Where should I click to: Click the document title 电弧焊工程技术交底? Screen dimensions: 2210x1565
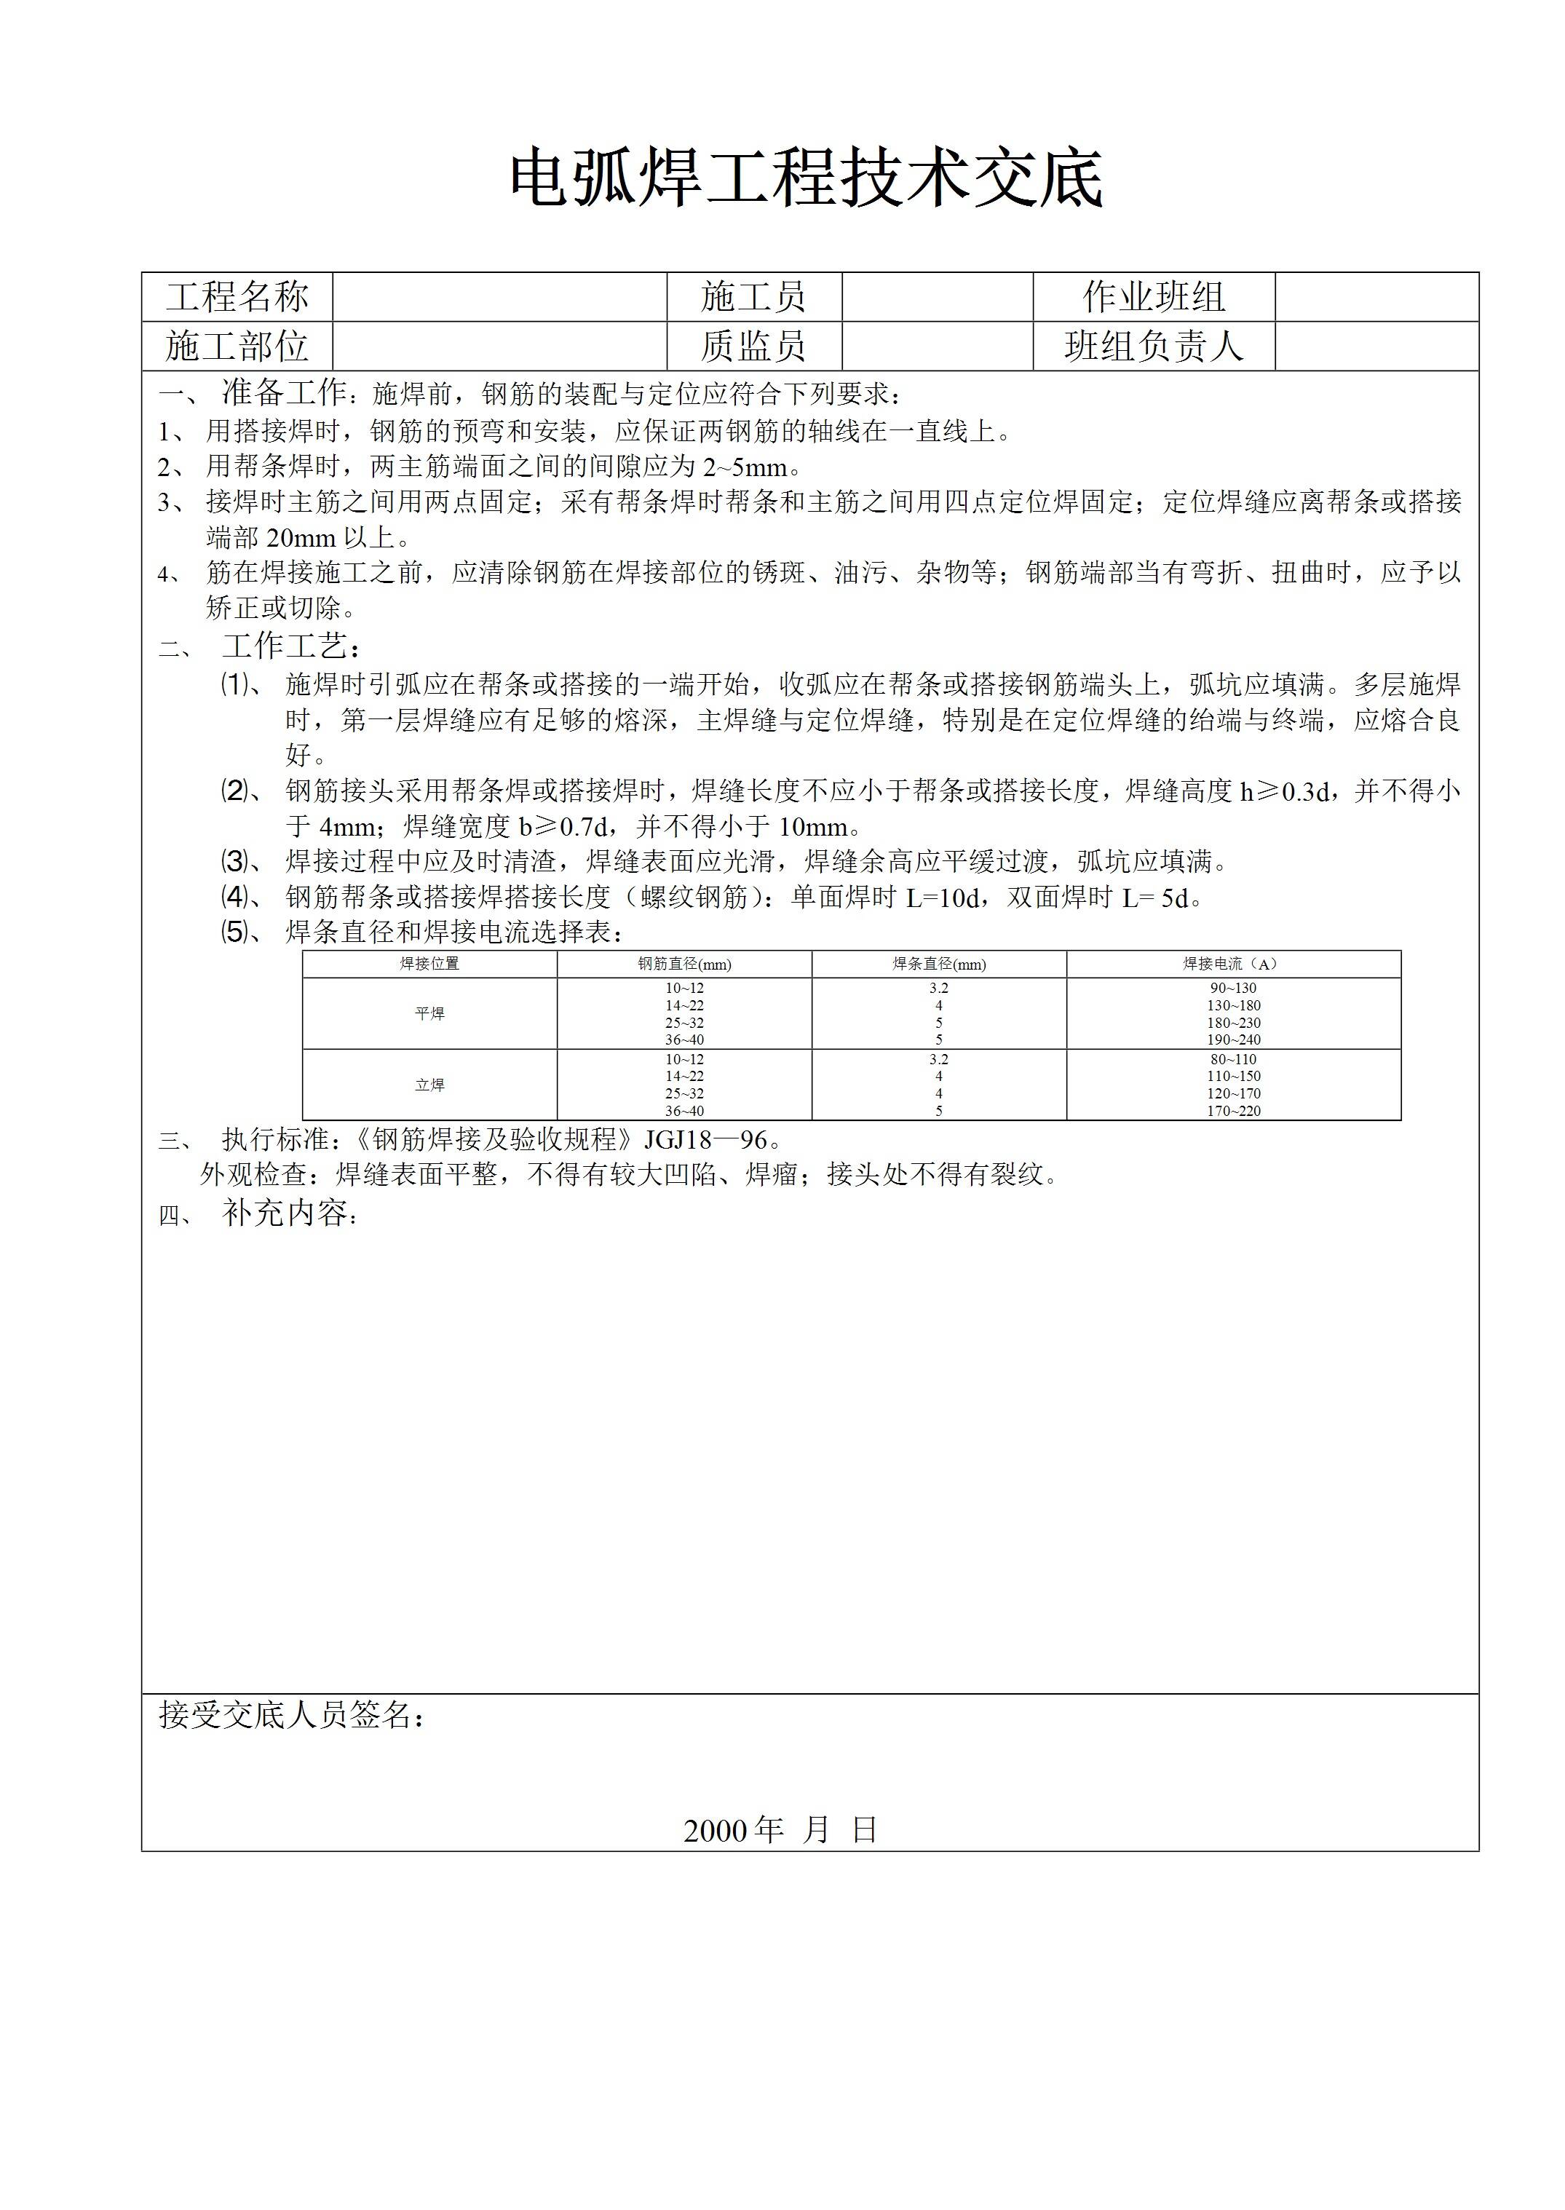pos(806,179)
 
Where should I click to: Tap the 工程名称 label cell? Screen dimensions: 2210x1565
pos(237,297)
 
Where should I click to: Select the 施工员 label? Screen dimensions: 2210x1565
pos(753,297)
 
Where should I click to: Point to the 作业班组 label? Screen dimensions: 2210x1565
pos(1154,297)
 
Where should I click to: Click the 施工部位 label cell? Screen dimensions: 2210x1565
pos(237,346)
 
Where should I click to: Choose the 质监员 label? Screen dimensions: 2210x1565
pos(753,346)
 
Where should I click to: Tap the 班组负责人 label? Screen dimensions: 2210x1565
pos(1154,346)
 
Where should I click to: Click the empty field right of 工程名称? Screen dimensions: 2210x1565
pos(499,297)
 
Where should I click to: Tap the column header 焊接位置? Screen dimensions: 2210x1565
pos(429,964)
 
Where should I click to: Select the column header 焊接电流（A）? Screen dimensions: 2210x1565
pos(1232,964)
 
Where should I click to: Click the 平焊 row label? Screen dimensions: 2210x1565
pos(429,1014)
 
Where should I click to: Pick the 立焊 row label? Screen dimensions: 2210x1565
pos(429,1085)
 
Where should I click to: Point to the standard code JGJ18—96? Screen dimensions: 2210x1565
pos(705,1140)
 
